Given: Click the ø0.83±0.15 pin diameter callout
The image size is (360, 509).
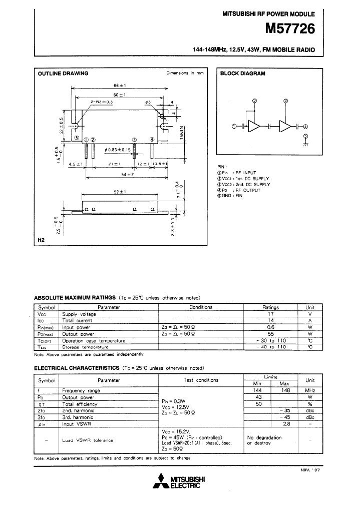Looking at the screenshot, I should [x=118, y=150].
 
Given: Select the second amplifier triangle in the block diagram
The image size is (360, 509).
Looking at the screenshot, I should [x=285, y=126].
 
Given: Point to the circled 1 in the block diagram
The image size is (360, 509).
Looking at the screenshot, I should [x=234, y=126].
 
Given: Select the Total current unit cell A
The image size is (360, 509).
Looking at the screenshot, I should [x=310, y=320].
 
